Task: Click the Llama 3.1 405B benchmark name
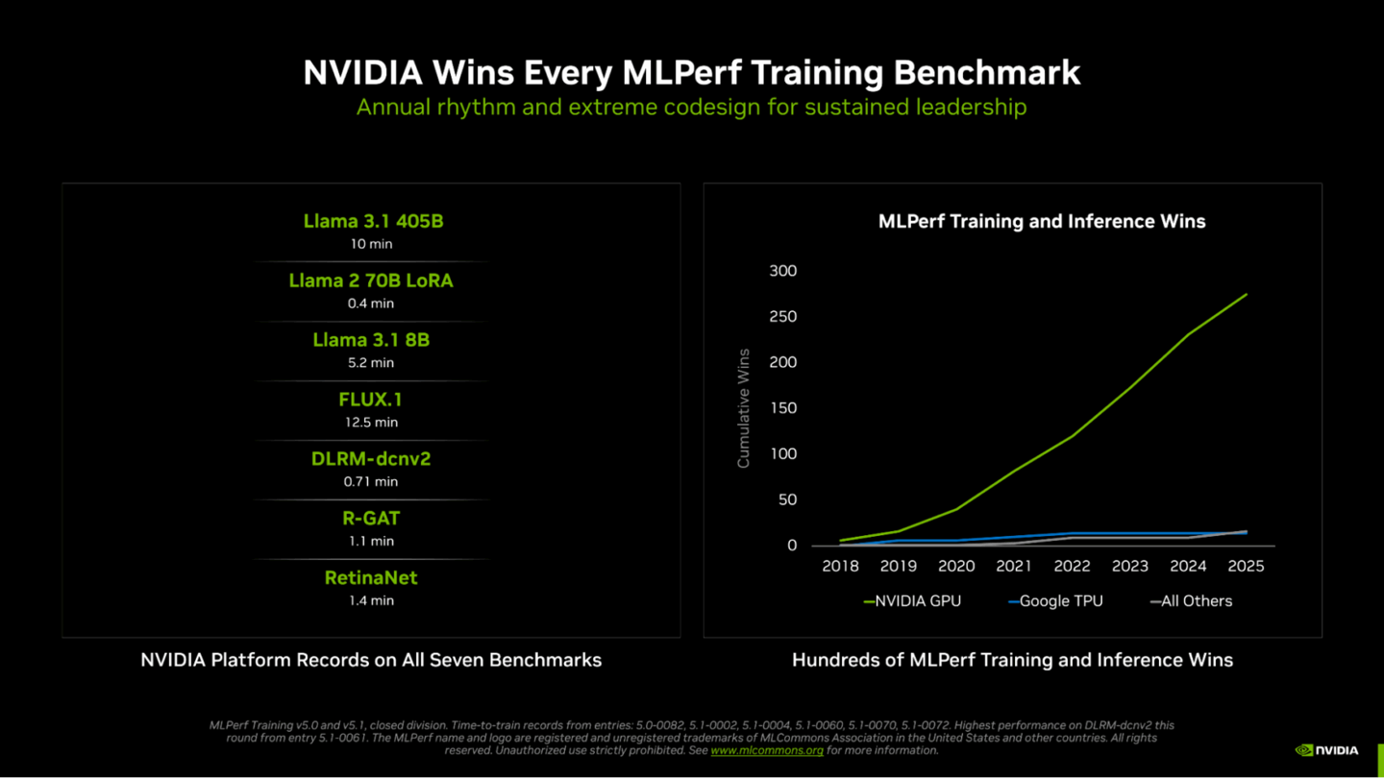(373, 221)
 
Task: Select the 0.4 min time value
(371, 304)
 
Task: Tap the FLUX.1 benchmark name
(371, 400)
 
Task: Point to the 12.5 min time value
(371, 423)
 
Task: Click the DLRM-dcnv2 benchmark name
(371, 459)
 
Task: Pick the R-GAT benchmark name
(371, 519)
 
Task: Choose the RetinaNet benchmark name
(371, 578)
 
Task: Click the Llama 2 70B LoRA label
(371, 280)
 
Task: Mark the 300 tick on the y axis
(783, 271)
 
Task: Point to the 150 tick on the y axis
(783, 408)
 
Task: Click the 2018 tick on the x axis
(840, 567)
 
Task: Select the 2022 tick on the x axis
(1072, 567)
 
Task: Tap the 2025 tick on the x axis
(1246, 567)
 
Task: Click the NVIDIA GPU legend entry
(912, 601)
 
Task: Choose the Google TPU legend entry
(1055, 601)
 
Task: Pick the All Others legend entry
(1191, 601)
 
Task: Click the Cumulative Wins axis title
(743, 408)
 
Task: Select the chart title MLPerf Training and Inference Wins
(1042, 222)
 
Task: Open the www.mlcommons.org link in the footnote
(767, 750)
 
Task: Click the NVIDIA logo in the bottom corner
(1327, 750)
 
